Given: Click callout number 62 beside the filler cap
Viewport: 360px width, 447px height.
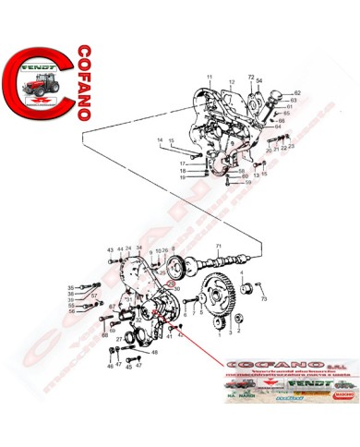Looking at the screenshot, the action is (297, 93).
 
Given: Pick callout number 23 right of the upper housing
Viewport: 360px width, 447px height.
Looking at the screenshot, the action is (292, 148).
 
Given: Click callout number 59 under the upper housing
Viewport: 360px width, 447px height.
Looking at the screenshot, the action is (248, 183).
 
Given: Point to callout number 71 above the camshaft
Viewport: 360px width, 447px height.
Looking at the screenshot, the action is (219, 245).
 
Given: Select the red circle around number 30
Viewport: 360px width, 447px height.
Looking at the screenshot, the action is (169, 286).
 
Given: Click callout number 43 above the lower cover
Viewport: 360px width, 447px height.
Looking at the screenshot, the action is (109, 250).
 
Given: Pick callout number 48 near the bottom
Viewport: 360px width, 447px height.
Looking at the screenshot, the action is (154, 352).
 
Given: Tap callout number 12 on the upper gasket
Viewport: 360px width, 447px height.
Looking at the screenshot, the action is (232, 82).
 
